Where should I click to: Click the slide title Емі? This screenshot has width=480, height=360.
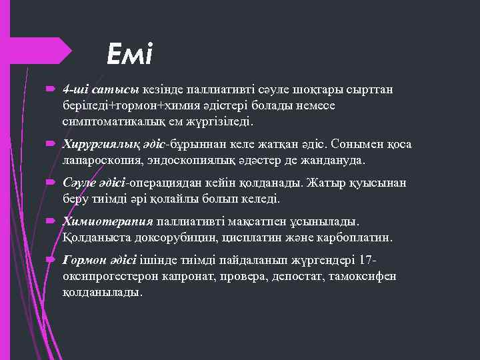pos(130,53)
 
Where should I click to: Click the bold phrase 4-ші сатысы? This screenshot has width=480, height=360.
pos(101,89)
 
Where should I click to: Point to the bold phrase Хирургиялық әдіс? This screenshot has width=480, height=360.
pos(115,145)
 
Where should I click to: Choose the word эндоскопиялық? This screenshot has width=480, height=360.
pos(198,161)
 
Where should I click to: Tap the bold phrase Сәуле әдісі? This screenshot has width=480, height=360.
pos(95,183)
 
